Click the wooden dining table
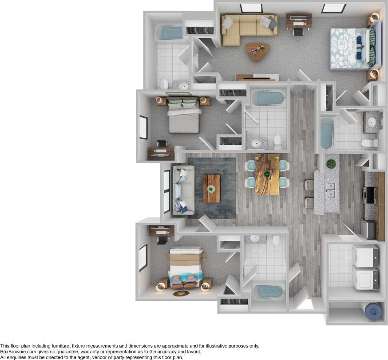pyautogui.click(x=267, y=174)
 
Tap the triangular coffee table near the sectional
pyautogui.click(x=257, y=51)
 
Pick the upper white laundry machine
pyautogui.click(x=365, y=255)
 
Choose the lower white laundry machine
pyautogui.click(x=365, y=278)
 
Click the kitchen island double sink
pyautogui.click(x=330, y=190)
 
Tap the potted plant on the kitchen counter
pyautogui.click(x=331, y=164)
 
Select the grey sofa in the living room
pyautogui.click(x=183, y=190)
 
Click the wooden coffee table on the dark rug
pyautogui.click(x=212, y=188)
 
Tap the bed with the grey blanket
pyautogui.click(x=184, y=117)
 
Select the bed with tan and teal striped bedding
pyautogui.click(x=186, y=266)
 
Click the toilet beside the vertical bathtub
pyautogui.click(x=369, y=143)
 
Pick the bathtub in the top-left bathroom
pyautogui.click(x=170, y=32)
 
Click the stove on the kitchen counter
pyautogui.click(x=369, y=194)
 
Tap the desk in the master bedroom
pyautogui.click(x=298, y=20)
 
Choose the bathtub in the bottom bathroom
pyautogui.click(x=268, y=292)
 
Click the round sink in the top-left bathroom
pyautogui.click(x=183, y=86)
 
